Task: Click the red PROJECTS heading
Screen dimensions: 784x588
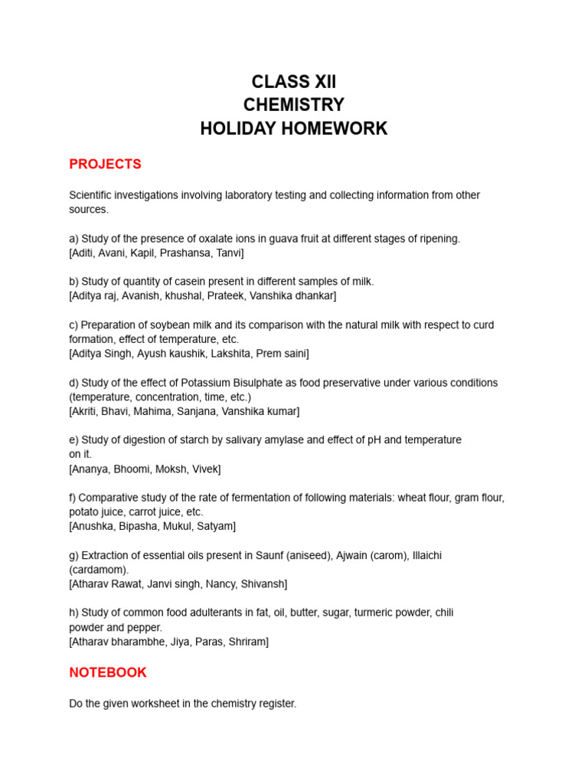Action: tap(105, 165)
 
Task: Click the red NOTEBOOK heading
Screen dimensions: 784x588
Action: tap(108, 673)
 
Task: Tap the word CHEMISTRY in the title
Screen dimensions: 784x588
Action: tap(294, 105)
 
